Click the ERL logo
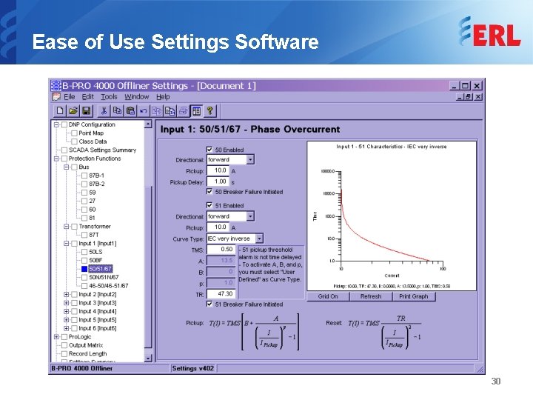pos(489,33)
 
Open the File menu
pos(69,96)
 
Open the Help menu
pos(163,96)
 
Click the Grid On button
pos(328,296)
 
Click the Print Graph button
pos(413,296)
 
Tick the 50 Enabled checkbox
pos(209,150)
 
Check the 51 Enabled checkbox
pos(209,205)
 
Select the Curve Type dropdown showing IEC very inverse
pos(234,239)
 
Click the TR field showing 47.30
pos(221,293)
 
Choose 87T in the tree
pos(94,235)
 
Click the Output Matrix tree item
pos(86,345)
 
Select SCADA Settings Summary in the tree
pos(102,150)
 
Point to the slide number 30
pos(496,381)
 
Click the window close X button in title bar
pos(477,86)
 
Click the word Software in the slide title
pos(272,42)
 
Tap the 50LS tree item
pos(95,252)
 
